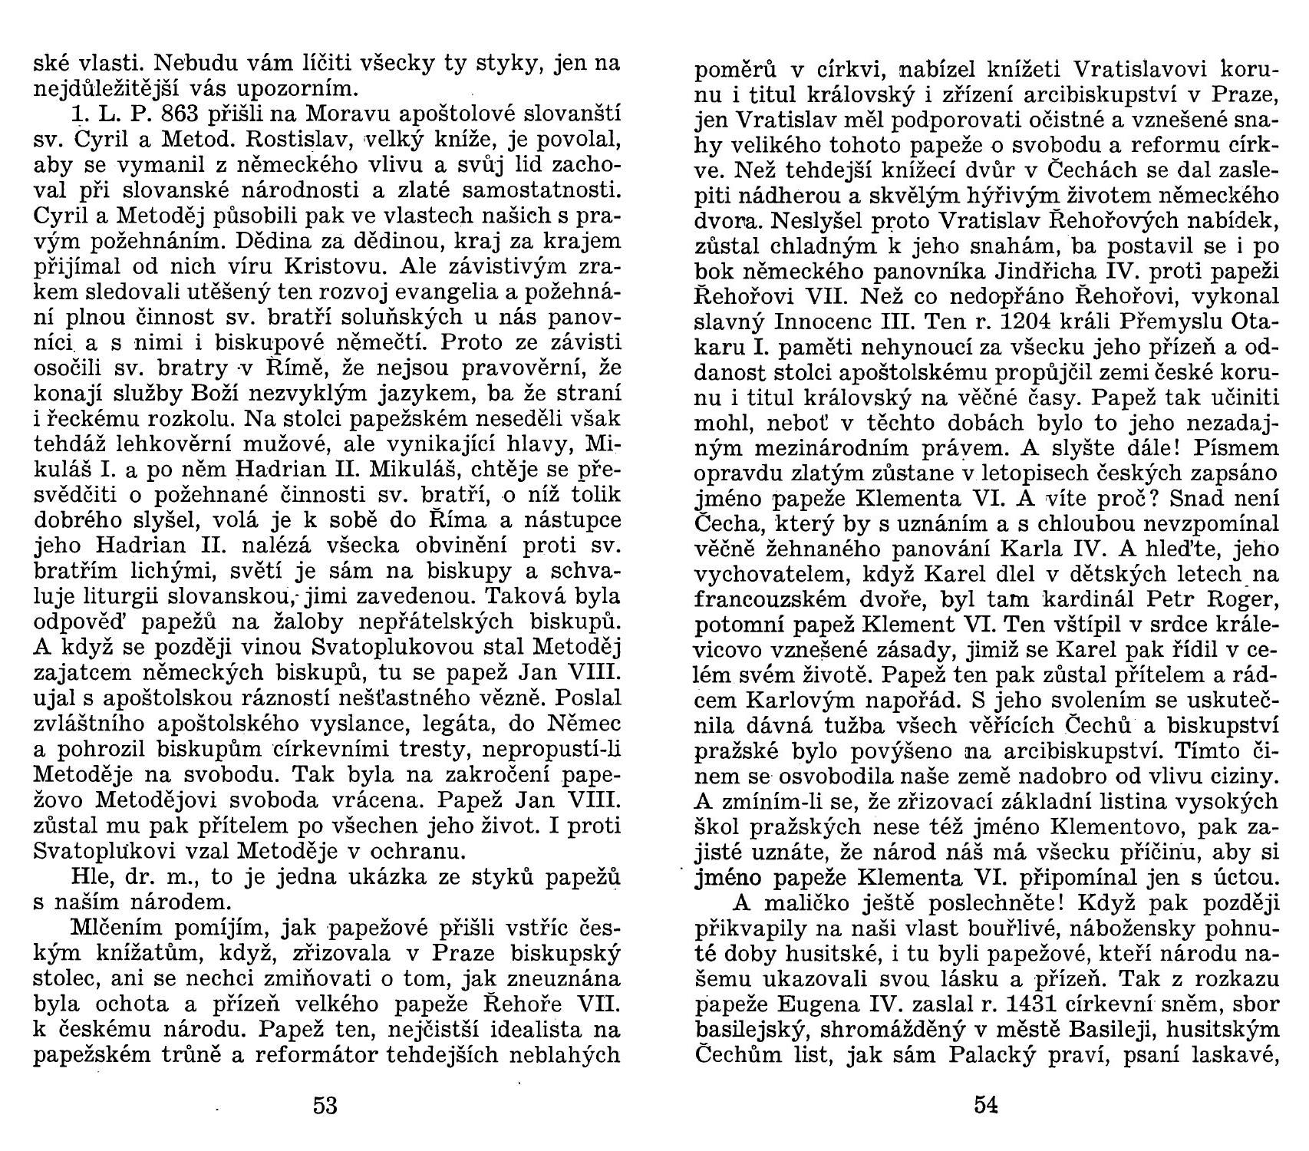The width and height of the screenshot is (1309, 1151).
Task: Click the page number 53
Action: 325,1106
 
